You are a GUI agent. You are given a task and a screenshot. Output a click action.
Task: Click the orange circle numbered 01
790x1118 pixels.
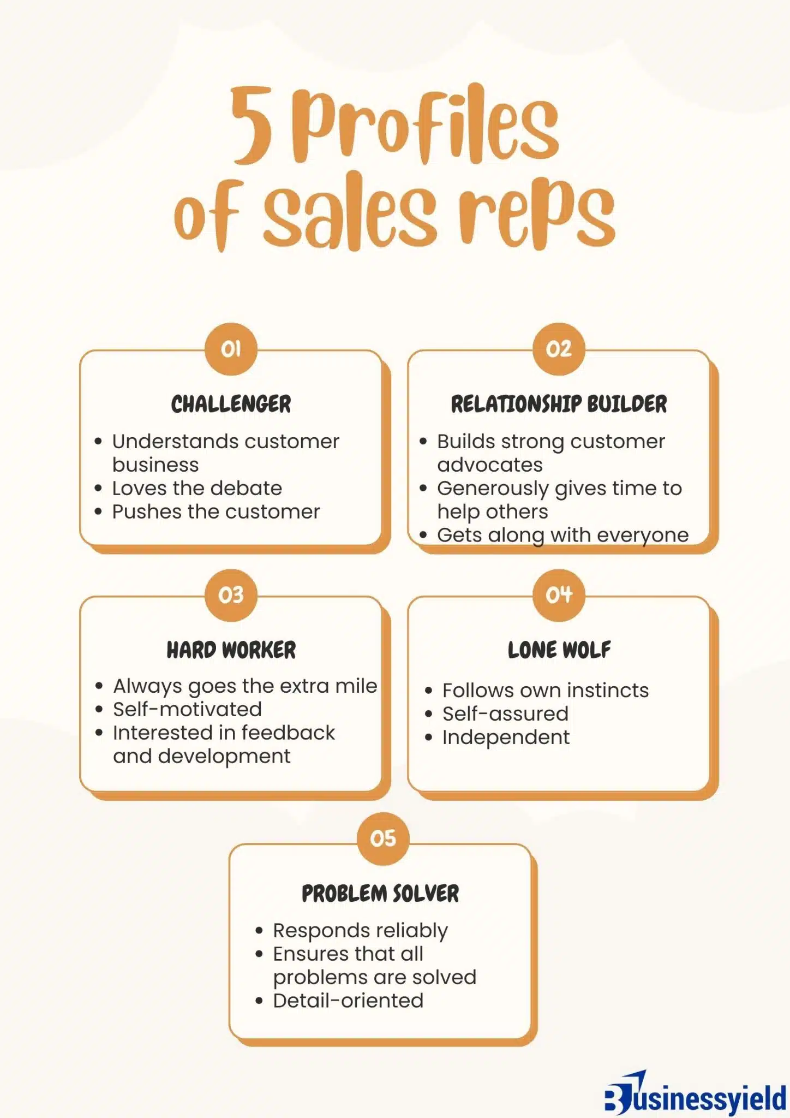coord(231,349)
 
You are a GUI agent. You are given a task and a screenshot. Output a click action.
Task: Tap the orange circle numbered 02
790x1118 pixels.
coord(559,349)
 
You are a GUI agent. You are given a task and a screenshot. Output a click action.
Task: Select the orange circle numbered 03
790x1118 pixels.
coord(231,595)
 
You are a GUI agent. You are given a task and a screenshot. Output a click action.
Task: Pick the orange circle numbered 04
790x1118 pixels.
coord(559,595)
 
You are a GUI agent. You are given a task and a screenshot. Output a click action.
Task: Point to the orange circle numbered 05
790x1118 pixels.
coord(382,838)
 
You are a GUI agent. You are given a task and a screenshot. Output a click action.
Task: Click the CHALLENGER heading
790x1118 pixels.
coord(231,405)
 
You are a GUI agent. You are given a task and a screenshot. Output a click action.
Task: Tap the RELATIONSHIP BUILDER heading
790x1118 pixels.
coord(559,405)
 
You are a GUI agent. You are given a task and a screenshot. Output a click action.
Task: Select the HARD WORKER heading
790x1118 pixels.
coord(231,650)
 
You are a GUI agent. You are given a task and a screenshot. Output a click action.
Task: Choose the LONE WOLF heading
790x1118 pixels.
coord(559,650)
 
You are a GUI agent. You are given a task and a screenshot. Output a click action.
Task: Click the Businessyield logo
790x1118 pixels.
coord(695,1094)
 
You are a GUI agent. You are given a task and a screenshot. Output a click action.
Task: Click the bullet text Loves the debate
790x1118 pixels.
coord(197,488)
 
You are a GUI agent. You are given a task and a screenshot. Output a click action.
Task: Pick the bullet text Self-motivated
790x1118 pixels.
coord(187,709)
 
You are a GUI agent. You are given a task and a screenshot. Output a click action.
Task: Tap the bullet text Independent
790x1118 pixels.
coord(506,737)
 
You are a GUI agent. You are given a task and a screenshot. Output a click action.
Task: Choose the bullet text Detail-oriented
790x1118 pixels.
coord(348,1001)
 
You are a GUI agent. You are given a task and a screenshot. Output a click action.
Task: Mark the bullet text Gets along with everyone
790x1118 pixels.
coord(562,535)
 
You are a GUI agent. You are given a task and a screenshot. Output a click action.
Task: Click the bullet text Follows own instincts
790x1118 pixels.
coord(546,690)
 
